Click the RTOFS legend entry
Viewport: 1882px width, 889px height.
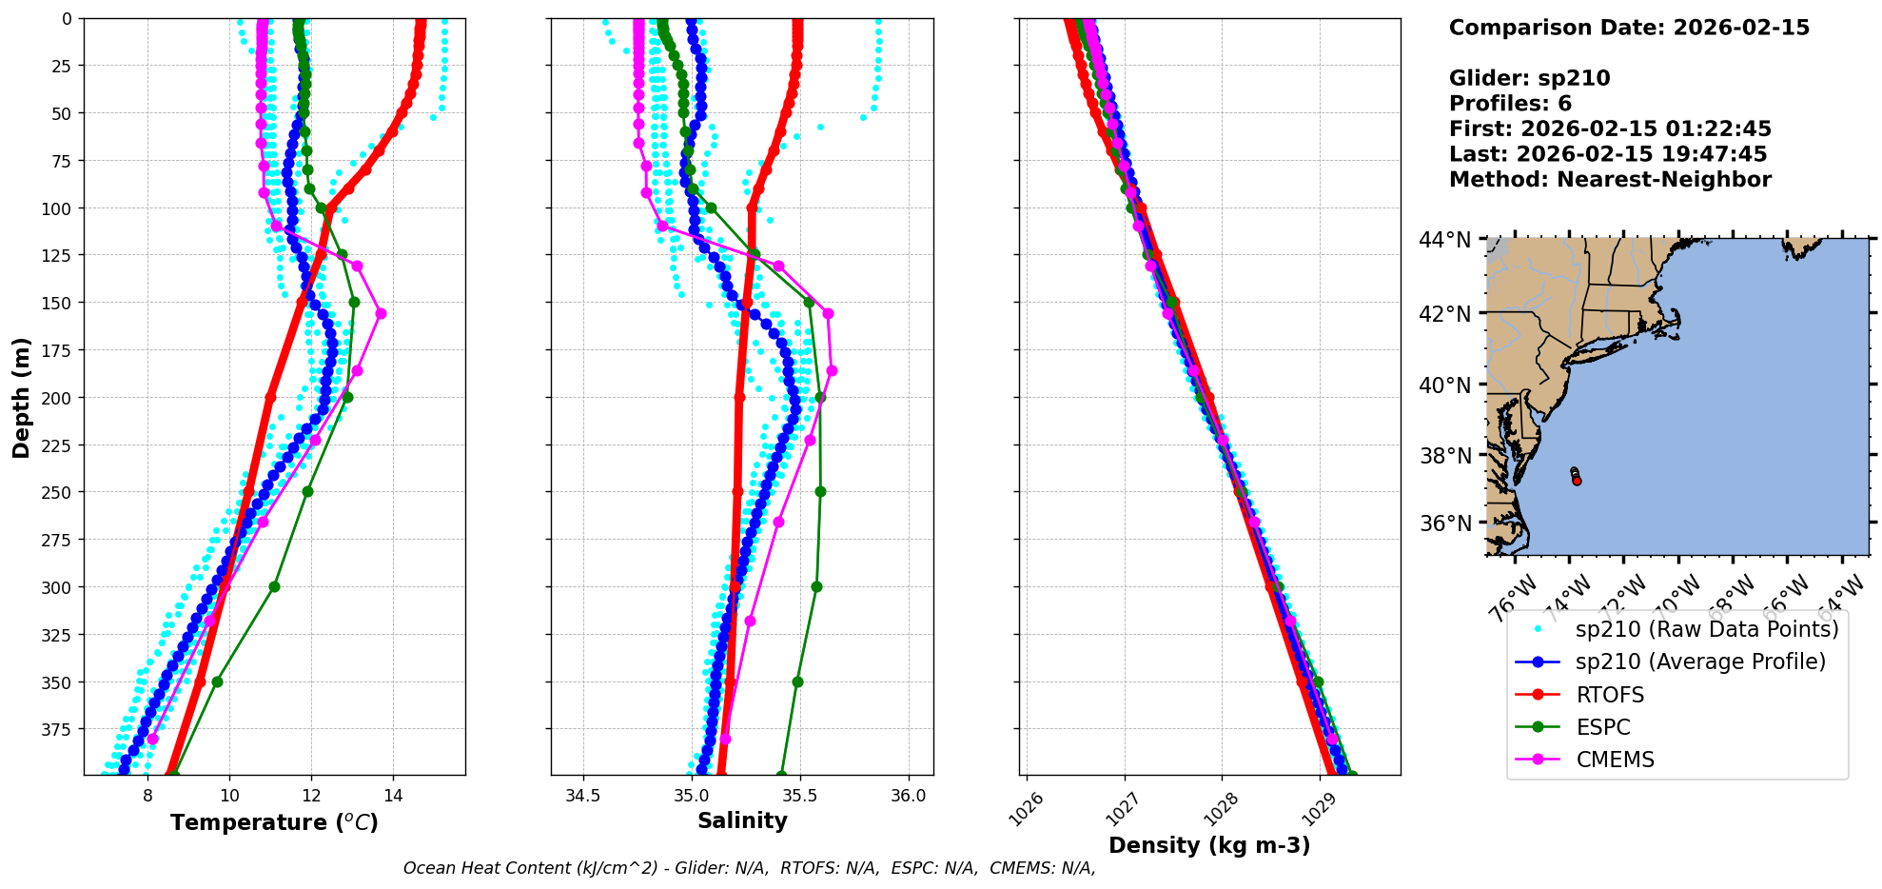[1610, 695]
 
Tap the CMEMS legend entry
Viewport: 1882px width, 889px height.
[1615, 760]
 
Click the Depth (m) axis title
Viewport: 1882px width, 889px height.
[21, 397]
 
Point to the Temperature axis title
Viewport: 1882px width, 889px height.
[274, 822]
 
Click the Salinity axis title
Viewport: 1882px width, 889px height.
[742, 820]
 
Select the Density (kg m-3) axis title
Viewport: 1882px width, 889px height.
[1209, 845]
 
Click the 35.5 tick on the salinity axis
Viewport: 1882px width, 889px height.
[800, 796]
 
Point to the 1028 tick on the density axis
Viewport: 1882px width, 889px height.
[1221, 809]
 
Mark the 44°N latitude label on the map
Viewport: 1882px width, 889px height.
[1444, 240]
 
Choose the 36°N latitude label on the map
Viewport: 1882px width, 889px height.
[1444, 524]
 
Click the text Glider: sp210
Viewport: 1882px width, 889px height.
[1529, 78]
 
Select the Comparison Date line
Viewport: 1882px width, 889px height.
[1629, 28]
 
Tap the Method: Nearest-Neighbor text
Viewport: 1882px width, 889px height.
[1610, 179]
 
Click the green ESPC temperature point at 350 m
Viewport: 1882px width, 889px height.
[217, 682]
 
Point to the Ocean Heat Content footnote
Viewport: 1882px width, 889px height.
[749, 868]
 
